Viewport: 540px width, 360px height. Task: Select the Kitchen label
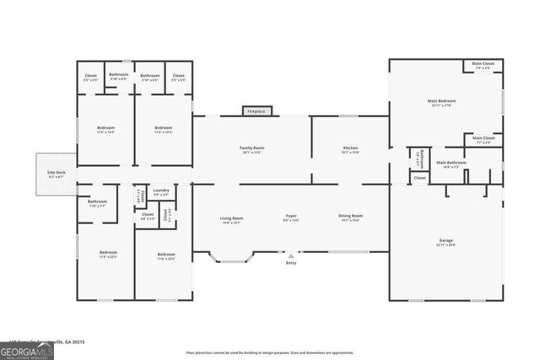coord(350,150)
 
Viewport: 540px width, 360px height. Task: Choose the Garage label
coord(445,242)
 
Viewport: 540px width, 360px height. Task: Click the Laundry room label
coord(160,192)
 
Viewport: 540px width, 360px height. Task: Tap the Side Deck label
coord(56,175)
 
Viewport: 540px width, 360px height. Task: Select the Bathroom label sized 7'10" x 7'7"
coord(97,203)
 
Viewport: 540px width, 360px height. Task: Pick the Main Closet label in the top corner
coord(483,65)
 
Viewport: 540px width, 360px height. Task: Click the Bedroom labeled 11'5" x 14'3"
coord(105,130)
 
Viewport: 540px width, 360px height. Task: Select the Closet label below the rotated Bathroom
coord(419,178)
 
